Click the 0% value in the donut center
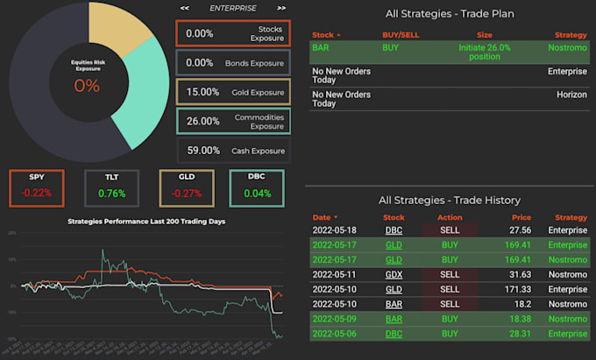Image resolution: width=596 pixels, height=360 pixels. pos(87,85)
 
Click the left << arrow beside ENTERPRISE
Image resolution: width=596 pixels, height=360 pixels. pos(184,8)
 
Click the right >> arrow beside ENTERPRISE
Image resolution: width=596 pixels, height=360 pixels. pos(280,8)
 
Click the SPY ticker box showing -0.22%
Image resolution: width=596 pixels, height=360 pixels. pos(38,187)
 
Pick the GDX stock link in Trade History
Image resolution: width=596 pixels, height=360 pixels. pos(394,275)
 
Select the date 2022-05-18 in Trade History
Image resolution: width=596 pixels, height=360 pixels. pos(334,230)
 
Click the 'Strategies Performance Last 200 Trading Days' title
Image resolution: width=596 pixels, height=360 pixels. pos(147,221)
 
